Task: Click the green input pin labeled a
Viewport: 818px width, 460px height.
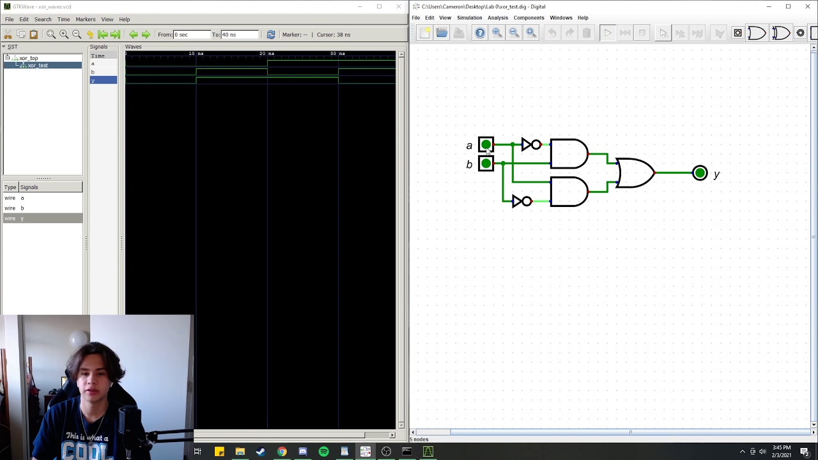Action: [486, 145]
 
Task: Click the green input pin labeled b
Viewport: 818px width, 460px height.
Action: [486, 164]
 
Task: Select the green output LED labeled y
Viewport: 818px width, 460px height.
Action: [700, 173]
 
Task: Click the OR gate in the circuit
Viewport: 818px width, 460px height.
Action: [635, 173]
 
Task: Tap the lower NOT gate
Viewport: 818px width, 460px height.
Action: [521, 201]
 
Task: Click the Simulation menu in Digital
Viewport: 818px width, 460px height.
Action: [469, 18]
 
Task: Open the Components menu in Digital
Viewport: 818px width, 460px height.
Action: [529, 18]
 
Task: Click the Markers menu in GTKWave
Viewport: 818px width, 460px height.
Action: [85, 19]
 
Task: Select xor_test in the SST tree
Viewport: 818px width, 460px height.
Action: [37, 65]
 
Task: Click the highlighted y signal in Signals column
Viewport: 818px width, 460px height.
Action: [103, 80]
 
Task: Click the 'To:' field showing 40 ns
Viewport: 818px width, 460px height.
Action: [239, 34]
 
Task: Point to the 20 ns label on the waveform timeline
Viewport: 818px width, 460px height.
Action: [266, 54]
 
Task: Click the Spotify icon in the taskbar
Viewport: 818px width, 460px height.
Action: [323, 452]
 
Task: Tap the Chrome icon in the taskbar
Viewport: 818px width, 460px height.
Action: [282, 452]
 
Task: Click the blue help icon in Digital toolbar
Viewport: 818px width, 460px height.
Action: [479, 33]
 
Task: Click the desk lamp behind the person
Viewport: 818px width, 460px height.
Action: [78, 340]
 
